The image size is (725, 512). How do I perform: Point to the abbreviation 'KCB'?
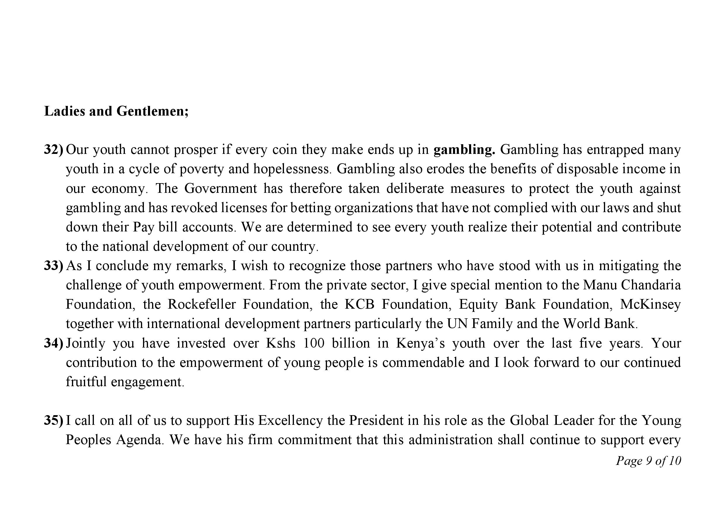tap(359, 305)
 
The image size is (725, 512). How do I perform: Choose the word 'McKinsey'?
tap(650, 305)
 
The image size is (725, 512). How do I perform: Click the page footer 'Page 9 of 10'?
tap(648, 461)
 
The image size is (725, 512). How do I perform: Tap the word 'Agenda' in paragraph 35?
tap(139, 440)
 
